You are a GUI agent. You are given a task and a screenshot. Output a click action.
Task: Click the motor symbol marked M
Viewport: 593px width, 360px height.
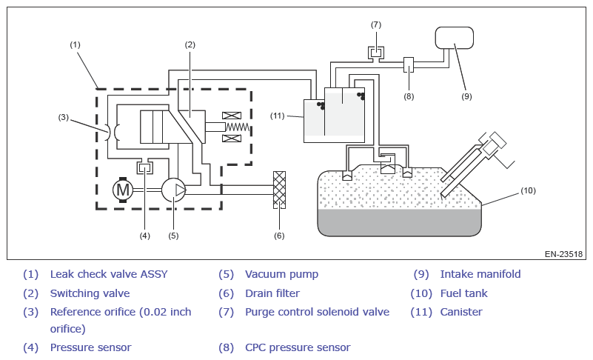(x=123, y=190)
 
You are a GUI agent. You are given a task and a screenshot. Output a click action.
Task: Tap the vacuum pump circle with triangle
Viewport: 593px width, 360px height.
(x=174, y=190)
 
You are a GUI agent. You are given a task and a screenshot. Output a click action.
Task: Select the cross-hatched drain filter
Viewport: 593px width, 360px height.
(x=280, y=190)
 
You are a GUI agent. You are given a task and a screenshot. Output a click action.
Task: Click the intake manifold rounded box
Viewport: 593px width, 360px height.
(x=455, y=38)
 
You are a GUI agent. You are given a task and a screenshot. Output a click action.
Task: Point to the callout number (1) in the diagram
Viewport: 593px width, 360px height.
(x=75, y=44)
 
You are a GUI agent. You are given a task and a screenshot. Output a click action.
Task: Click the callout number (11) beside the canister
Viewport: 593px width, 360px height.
(x=277, y=116)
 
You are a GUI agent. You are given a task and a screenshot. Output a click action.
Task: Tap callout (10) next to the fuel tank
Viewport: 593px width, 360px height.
(x=528, y=190)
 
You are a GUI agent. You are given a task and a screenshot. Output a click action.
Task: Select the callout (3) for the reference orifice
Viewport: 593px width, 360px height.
(x=63, y=117)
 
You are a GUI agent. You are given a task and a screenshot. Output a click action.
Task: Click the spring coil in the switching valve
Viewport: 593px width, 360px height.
(x=238, y=127)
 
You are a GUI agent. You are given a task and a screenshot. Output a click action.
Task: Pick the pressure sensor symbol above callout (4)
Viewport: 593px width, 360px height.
(x=145, y=167)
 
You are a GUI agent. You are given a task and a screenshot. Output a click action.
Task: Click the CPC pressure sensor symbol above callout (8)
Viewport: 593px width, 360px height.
(x=409, y=64)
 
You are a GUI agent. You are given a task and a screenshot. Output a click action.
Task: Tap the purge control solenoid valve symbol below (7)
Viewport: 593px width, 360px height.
(x=376, y=53)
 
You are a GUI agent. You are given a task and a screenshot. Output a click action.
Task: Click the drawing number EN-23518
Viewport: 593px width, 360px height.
(x=563, y=254)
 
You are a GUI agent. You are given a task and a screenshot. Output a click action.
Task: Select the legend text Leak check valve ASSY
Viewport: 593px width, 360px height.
(x=109, y=274)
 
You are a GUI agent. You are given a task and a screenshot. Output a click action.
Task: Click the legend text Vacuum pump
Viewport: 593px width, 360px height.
(x=282, y=274)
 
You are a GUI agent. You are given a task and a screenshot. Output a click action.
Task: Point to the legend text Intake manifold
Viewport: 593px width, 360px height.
(x=480, y=274)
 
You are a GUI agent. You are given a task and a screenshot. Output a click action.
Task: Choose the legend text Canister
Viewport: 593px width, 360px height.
(x=461, y=312)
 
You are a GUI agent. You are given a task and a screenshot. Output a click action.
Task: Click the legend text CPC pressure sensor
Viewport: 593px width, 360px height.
(x=298, y=347)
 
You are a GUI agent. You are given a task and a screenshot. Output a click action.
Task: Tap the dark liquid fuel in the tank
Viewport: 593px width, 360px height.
(x=399, y=222)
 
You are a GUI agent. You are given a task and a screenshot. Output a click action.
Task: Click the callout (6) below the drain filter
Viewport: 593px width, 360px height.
(x=279, y=236)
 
